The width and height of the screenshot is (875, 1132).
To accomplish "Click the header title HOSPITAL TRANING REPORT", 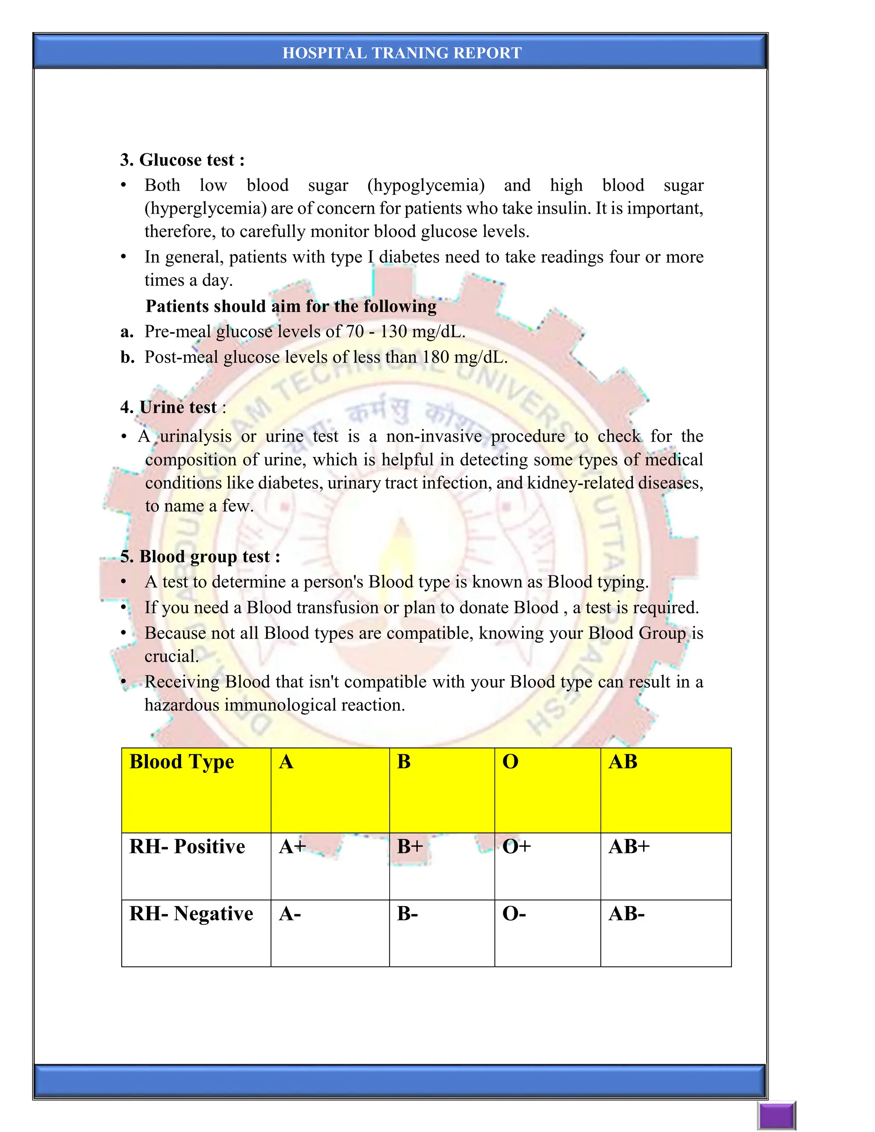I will pyautogui.click(x=402, y=53).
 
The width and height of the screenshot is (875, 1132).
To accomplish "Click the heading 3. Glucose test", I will pyautogui.click(x=182, y=160).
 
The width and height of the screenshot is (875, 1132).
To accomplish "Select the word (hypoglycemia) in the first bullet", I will pyautogui.click(x=426, y=185).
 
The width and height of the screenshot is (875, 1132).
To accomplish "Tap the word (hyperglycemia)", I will pyautogui.click(x=206, y=208).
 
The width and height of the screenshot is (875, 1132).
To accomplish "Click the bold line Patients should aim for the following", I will pyautogui.click(x=291, y=306).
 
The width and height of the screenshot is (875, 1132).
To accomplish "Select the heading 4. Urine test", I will pyautogui.click(x=173, y=408).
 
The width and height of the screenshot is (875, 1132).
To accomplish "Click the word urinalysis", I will pyautogui.click(x=195, y=437).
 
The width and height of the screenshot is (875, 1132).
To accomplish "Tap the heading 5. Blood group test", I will pyautogui.click(x=200, y=557).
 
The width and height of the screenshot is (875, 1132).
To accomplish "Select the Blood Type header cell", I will pyautogui.click(x=182, y=762).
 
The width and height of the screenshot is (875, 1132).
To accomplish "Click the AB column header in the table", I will pyautogui.click(x=623, y=762).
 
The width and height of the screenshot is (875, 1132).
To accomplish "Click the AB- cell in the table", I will pyautogui.click(x=626, y=914).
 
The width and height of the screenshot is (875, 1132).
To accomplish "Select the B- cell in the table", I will pyautogui.click(x=408, y=914).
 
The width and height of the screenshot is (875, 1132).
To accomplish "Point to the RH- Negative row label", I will pyautogui.click(x=191, y=914).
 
